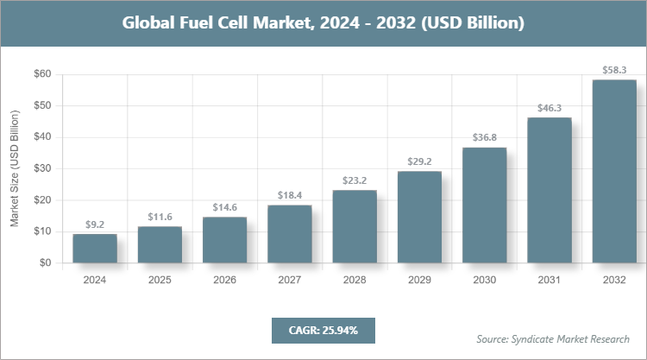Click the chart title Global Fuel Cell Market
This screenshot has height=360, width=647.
coord(323,23)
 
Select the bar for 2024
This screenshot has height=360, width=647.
coord(95,249)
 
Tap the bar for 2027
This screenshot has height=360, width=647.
coord(290,234)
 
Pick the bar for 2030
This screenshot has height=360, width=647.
coord(484,205)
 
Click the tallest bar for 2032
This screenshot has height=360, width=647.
coord(614,172)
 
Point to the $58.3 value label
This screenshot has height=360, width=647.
coord(614,68)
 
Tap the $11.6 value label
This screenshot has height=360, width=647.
coord(160,215)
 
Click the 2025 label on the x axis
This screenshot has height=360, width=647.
coord(160,280)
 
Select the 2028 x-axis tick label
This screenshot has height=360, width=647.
coord(355,280)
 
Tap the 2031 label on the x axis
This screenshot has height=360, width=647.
coord(550,280)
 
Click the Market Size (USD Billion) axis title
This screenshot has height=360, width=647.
coord(15,168)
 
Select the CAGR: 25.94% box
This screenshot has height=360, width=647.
coord(323,330)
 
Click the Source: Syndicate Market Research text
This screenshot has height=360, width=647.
coord(553,338)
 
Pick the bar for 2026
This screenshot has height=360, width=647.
coord(225,240)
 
